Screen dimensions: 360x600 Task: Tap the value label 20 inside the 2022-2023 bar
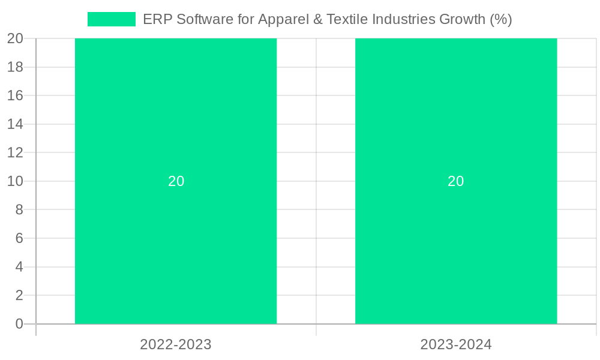coord(176,181)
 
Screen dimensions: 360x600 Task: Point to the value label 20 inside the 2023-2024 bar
coord(456,181)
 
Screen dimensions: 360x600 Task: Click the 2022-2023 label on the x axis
coord(176,344)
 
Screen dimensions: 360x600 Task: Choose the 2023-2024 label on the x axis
coord(456,344)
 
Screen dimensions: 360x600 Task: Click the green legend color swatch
coord(112,19)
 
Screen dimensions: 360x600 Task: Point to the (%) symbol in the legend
coord(500,19)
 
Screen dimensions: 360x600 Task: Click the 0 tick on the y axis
coord(19,324)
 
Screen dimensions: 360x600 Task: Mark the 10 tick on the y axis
coord(15,181)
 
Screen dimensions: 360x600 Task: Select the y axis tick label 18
coord(15,67)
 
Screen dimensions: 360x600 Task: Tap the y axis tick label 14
coord(15,124)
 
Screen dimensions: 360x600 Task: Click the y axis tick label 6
coord(19,238)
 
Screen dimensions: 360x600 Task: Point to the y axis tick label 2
coord(19,295)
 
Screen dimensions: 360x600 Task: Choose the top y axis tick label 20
coord(15,38)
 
